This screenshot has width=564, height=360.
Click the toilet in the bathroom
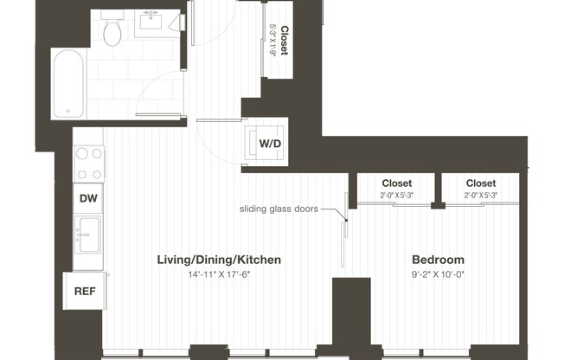pos(111,32)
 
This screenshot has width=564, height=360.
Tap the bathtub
pos(67,84)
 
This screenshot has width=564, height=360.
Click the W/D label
pos(270,143)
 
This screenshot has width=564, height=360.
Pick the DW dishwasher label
pos(87,198)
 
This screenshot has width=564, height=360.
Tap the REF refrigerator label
pos(84,291)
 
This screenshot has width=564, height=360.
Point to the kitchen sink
pos(87,234)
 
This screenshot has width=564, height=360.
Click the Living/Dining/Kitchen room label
pos(219,260)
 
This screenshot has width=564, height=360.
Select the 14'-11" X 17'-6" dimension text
pos(219,275)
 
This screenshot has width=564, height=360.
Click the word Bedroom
pos(438,260)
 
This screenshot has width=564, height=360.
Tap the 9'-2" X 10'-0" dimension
pos(438,275)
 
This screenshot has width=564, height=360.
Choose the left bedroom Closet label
pos(397,183)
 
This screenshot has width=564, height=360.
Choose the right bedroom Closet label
pos(480,183)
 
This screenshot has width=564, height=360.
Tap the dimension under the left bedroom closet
pos(397,196)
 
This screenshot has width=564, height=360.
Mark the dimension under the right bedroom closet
pos(480,196)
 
